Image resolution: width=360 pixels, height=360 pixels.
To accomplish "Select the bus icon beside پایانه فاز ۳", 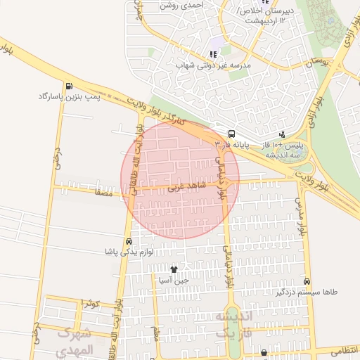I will click(x=231, y=134).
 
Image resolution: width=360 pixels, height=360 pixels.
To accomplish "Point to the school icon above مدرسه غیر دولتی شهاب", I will click(x=213, y=54).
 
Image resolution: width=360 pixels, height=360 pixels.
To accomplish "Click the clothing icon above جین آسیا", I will click(x=174, y=269).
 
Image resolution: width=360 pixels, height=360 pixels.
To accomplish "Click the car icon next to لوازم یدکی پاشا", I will click(x=127, y=241).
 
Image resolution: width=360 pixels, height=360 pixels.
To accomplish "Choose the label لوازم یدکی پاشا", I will click(x=127, y=252).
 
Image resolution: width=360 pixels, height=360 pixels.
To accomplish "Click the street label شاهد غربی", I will click(x=185, y=187).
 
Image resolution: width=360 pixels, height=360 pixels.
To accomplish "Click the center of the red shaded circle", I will click(x=180, y=180).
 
